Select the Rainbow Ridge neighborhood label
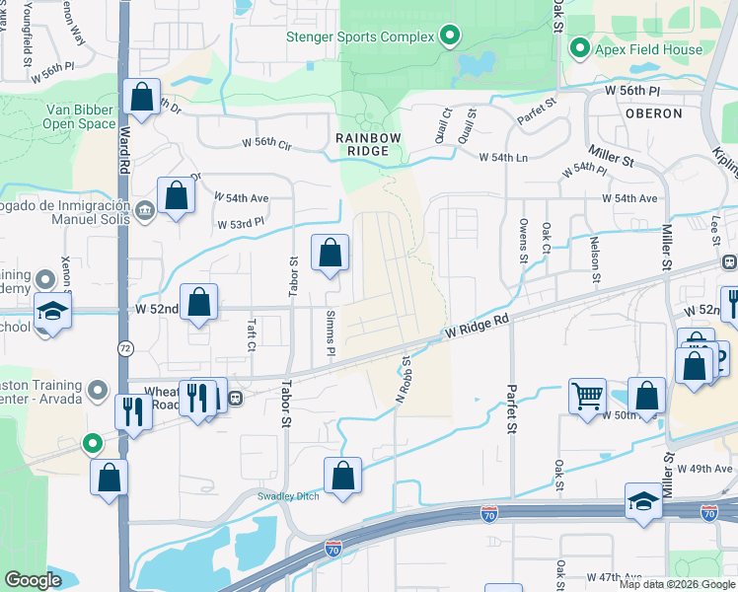[x=368, y=144]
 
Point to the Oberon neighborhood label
[x=653, y=113]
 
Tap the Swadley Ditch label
[x=288, y=496]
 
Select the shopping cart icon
[x=587, y=396]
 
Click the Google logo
[x=34, y=580]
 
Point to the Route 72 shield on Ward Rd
[x=125, y=348]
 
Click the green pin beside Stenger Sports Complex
[x=450, y=37]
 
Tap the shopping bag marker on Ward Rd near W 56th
[x=142, y=98]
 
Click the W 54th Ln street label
[x=503, y=158]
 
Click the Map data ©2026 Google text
[x=677, y=584]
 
